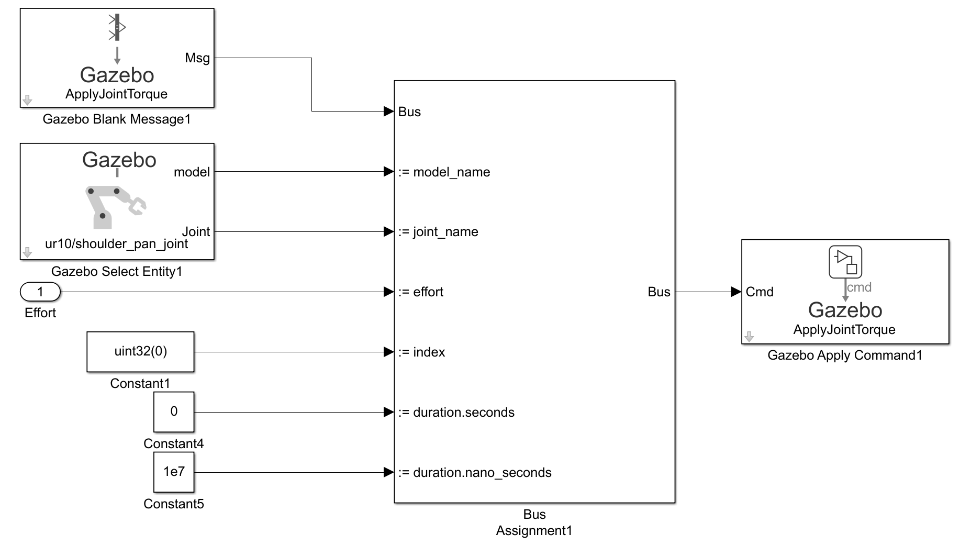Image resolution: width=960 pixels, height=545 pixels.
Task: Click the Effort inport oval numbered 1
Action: (40, 292)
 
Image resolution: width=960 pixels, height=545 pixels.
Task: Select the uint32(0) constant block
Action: (140, 352)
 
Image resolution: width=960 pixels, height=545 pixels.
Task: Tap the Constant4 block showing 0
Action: (174, 412)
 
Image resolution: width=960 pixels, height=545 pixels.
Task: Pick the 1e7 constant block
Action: (174, 472)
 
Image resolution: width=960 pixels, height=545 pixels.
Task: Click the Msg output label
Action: (197, 58)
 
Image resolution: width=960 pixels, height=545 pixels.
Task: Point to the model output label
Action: (192, 172)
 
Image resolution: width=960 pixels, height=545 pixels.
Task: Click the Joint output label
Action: (196, 231)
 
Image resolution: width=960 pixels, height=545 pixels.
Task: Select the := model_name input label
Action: (444, 172)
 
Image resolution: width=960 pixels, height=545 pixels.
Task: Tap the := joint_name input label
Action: (438, 232)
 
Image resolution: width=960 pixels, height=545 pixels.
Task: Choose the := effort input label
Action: (421, 292)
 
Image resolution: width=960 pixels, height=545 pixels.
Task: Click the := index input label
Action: (421, 352)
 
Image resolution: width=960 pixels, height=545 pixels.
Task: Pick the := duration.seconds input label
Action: (456, 412)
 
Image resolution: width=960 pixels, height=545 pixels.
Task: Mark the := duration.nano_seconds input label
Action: (475, 473)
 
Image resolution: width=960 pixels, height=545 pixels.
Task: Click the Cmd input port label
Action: (760, 292)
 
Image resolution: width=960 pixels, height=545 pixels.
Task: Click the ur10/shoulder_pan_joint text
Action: (117, 244)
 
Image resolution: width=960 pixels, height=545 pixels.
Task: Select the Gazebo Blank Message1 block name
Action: (117, 119)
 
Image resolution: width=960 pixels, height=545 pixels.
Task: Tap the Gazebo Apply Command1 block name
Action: (845, 355)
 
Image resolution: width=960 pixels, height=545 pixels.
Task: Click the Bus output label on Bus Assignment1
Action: (659, 292)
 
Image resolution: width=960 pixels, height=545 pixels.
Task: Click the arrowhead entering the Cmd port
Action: (736, 292)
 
